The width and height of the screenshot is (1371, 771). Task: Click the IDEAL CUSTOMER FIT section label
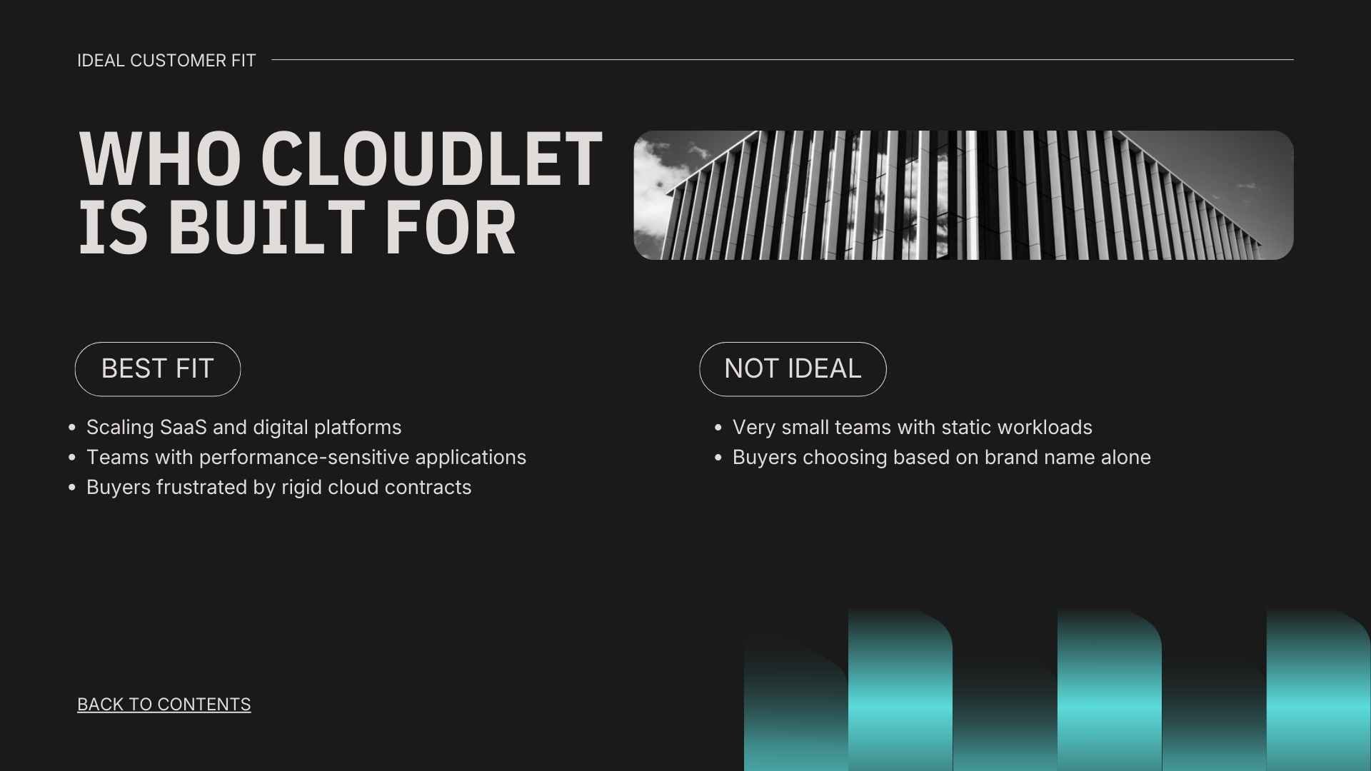point(166,61)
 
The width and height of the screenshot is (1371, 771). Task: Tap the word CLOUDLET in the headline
point(431,160)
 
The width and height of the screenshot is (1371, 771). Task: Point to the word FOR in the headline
point(450,228)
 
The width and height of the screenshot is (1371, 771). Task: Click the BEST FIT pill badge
point(157,369)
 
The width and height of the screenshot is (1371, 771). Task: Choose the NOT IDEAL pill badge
point(793,369)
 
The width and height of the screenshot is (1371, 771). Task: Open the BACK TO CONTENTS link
point(164,705)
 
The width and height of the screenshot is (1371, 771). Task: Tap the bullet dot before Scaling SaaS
point(72,428)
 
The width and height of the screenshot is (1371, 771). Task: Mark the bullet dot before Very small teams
point(718,428)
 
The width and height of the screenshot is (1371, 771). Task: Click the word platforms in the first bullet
point(357,428)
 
